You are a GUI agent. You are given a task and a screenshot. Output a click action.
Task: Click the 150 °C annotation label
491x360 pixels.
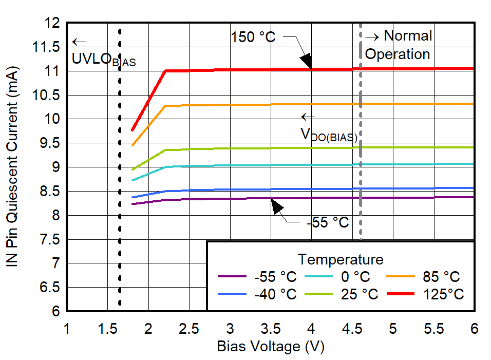[x=253, y=37]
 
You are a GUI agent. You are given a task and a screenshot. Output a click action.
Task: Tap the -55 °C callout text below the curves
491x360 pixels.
[x=328, y=222]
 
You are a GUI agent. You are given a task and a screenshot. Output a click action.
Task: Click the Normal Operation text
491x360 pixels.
[x=398, y=45]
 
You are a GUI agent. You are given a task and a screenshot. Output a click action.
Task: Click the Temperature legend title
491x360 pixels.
[x=341, y=259]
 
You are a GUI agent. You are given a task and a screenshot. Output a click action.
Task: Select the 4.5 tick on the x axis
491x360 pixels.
[x=352, y=328]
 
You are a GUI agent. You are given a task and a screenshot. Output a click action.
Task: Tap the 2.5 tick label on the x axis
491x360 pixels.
[x=189, y=328]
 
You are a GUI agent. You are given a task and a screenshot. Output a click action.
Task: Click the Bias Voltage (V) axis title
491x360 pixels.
[x=271, y=347]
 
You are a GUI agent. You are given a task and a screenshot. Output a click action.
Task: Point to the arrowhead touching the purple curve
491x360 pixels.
[x=277, y=206]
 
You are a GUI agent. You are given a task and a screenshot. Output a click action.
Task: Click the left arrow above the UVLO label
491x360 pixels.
[x=79, y=42]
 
